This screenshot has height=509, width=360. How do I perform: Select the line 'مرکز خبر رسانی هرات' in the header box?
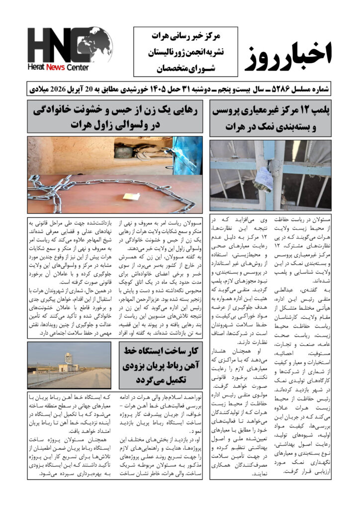point(184,36)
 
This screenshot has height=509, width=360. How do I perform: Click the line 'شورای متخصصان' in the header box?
point(184,67)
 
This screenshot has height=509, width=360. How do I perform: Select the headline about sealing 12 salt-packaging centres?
point(270,118)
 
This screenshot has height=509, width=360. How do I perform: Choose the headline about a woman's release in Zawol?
point(115,117)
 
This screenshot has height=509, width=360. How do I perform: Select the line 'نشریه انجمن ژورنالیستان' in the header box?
point(184,52)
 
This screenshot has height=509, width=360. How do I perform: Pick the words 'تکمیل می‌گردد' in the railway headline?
point(161,380)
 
